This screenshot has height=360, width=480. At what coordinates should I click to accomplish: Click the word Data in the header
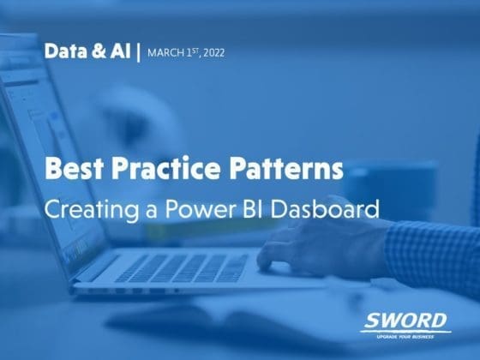pyautogui.click(x=65, y=51)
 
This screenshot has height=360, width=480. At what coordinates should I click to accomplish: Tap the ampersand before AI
pyautogui.click(x=99, y=51)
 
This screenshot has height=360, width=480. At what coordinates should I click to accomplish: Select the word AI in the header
pyautogui.click(x=120, y=51)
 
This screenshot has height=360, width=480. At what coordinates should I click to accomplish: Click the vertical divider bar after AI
pyautogui.click(x=138, y=52)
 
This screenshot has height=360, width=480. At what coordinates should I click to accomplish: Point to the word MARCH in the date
pyautogui.click(x=165, y=53)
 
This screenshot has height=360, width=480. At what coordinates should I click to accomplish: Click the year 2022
pyautogui.click(x=213, y=53)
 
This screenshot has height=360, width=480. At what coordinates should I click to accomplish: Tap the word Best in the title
pyautogui.click(x=74, y=168)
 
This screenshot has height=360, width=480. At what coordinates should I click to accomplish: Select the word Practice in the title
pyautogui.click(x=166, y=168)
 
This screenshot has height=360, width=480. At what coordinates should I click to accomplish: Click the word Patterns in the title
pyautogui.click(x=286, y=168)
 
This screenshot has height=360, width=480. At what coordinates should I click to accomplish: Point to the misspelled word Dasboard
pyautogui.click(x=325, y=208)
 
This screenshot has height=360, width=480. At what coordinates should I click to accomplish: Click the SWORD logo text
pyautogui.click(x=405, y=321)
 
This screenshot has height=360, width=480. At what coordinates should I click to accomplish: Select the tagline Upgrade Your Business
pyautogui.click(x=405, y=337)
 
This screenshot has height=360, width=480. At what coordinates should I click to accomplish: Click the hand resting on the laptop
pyautogui.click(x=321, y=247)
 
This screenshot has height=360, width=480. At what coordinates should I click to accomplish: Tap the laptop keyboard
pyautogui.click(x=181, y=268)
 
